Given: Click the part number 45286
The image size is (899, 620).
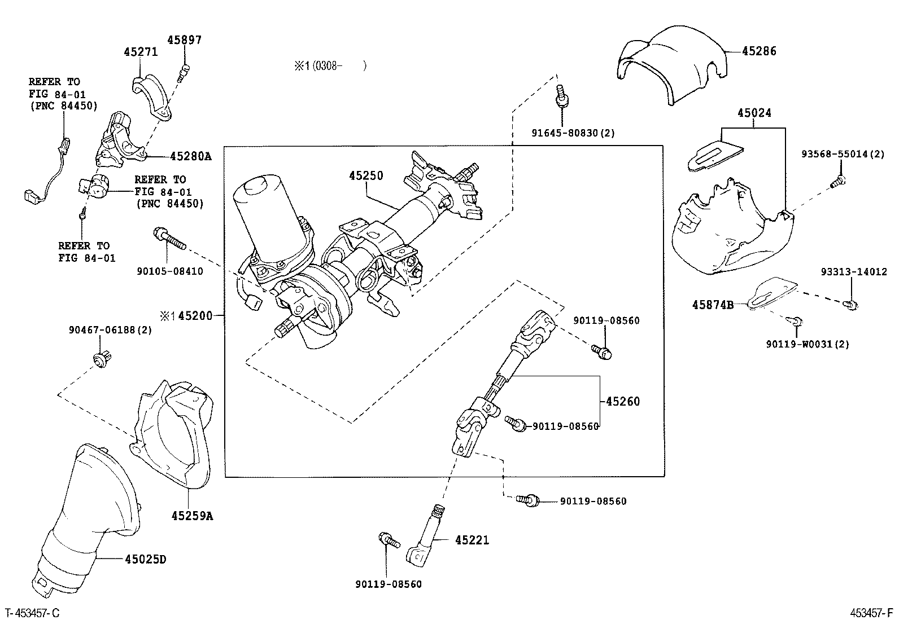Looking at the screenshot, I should click(x=759, y=51).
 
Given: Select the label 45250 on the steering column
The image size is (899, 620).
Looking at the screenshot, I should click(x=366, y=175).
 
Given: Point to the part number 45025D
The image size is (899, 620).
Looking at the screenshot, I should click(x=146, y=560).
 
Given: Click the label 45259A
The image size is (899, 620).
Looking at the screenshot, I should click(x=192, y=516).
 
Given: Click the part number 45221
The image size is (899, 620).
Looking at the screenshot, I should click(x=472, y=540).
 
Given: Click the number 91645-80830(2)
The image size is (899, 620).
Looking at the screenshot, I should click(x=573, y=133).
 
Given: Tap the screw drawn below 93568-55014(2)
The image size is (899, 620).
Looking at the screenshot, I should click(x=838, y=181).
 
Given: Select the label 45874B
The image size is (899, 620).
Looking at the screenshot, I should click(x=713, y=305).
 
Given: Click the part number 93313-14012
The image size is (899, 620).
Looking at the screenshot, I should click(x=853, y=272).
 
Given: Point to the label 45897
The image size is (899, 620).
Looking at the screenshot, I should click(x=184, y=40).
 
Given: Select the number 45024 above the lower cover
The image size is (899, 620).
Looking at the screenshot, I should click(x=753, y=113).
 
